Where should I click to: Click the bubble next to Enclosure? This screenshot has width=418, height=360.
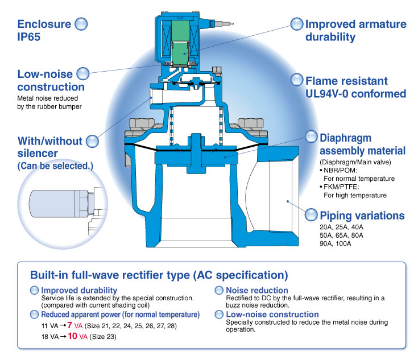[81, 24]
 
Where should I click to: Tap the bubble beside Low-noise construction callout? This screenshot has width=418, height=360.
[83, 73]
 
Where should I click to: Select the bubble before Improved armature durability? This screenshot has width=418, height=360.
[297, 24]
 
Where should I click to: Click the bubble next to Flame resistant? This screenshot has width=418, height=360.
[297, 80]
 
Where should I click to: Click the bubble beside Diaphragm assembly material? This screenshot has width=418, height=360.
[311, 137]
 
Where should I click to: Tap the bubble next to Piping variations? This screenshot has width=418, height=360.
[311, 216]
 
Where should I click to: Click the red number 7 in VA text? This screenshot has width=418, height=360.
[69, 325]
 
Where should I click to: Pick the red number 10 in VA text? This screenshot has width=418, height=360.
[72, 337]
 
